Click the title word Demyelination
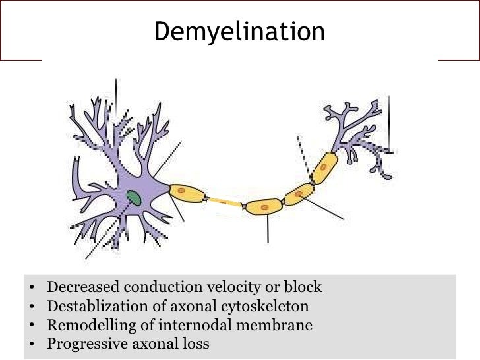point(239,32)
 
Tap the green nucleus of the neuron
point(135,197)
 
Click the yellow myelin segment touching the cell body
point(188,193)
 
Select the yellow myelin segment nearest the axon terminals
point(324,167)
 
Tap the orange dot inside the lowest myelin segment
point(264,208)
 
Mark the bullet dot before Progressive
point(32,344)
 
